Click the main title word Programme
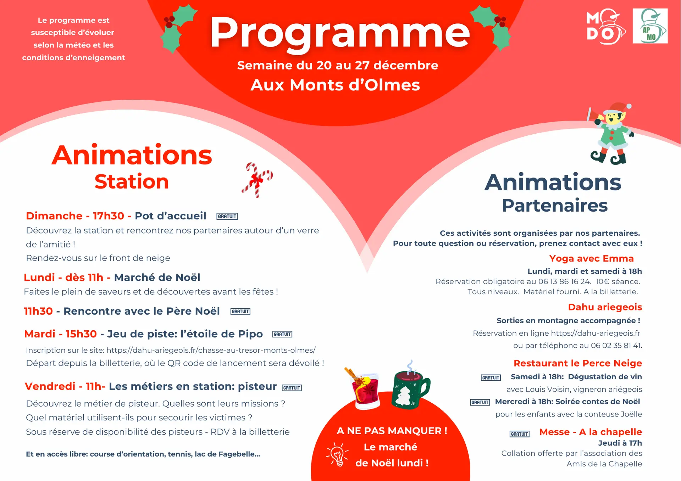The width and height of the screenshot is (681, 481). tap(339, 33)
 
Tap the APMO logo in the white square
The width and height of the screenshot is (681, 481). tap(650, 26)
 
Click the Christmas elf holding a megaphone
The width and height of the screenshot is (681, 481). tap(611, 135)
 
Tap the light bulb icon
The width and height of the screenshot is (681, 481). tap(337, 454)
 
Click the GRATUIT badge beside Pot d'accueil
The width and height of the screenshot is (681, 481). tap(227, 216)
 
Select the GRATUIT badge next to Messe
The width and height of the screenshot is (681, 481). tap(519, 434)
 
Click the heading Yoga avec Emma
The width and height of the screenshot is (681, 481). tap(591, 258)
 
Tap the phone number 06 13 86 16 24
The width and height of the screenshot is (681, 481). tap(564, 281)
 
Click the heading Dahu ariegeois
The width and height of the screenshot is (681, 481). tap(605, 307)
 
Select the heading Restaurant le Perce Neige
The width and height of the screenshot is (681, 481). tap(577, 363)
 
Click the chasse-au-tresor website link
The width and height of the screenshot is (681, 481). tap(211, 350)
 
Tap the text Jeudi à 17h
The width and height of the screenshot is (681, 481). tap(620, 443)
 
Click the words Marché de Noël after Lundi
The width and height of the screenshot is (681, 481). tap(157, 277)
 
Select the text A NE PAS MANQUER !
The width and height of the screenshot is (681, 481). tap(392, 431)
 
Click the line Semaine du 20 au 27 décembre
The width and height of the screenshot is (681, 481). tap(338, 65)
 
